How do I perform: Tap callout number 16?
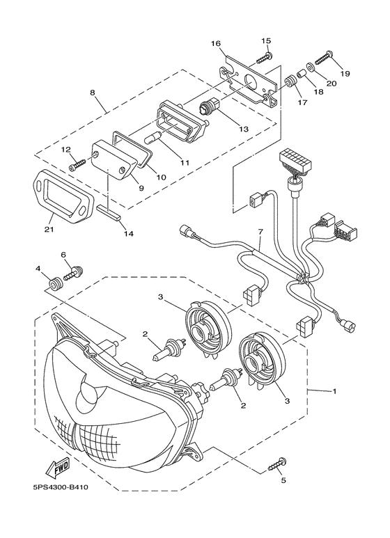click(x=216, y=44)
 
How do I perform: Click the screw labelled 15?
click(x=264, y=58)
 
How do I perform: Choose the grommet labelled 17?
click(x=290, y=81)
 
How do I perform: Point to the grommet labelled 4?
click(x=55, y=284)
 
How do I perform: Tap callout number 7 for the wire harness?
click(x=260, y=232)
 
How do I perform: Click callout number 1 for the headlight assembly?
click(x=334, y=391)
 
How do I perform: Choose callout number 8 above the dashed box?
click(x=92, y=93)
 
